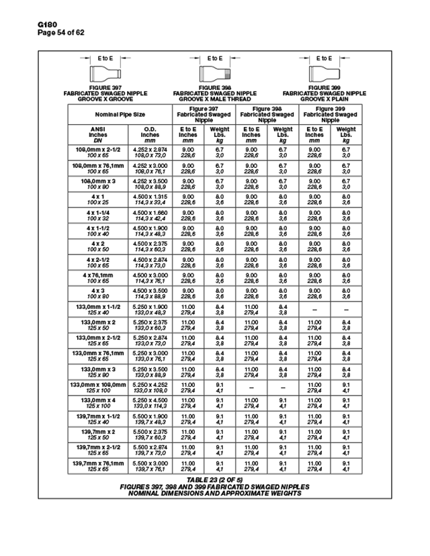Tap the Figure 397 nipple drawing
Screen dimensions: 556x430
point(106,73)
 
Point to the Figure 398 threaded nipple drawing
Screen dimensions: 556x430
point(215,73)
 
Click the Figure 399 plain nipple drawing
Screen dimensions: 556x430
point(324,73)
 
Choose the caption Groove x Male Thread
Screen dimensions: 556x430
point(215,99)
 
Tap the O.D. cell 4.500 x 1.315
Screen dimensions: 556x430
point(149,198)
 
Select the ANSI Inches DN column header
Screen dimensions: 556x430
point(95,134)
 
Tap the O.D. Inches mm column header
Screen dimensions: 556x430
point(150,134)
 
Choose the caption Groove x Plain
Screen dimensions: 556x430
point(325,99)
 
